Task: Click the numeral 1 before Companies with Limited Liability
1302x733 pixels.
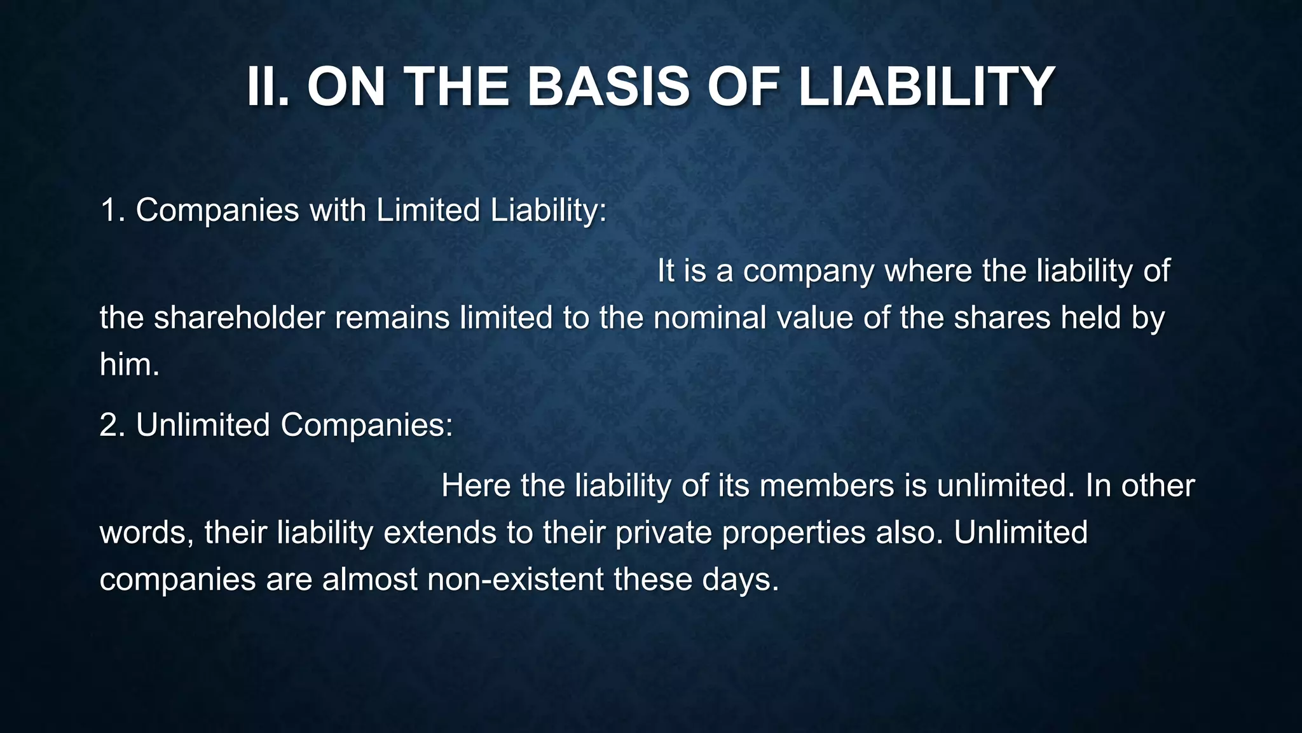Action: [108, 210]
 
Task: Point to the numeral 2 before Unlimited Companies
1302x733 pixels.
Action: [109, 425]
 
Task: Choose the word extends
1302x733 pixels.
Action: [440, 533]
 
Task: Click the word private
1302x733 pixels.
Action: [663, 533]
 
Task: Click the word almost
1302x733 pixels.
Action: [369, 579]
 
